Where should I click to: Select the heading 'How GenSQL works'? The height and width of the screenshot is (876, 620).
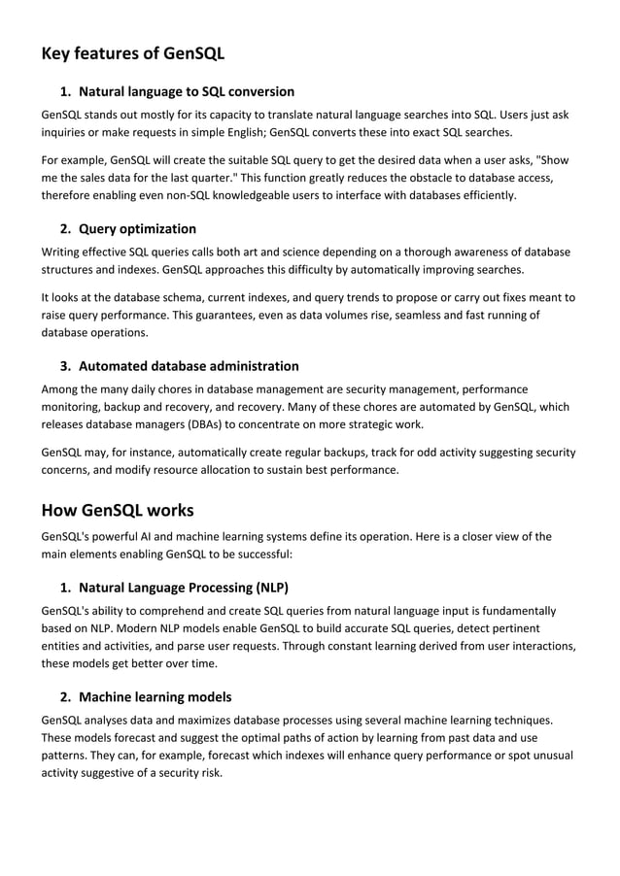point(118,510)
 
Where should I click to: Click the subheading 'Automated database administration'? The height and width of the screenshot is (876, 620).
point(189,366)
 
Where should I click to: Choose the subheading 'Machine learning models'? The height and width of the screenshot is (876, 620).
point(155,697)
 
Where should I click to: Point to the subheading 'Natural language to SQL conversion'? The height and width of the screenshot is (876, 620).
point(186,92)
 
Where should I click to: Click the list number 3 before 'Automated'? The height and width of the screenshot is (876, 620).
point(64,366)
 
